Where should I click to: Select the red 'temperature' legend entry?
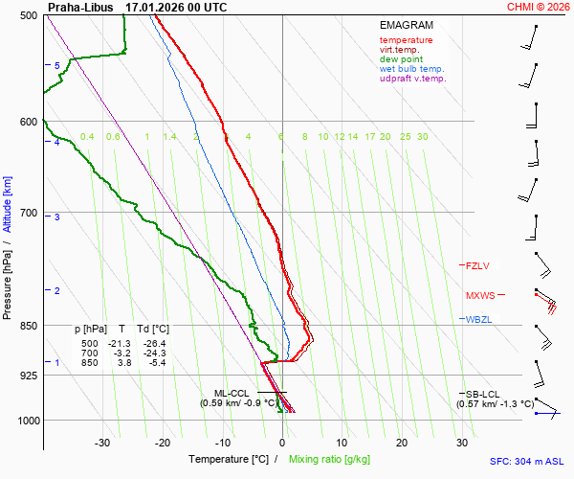(406, 40)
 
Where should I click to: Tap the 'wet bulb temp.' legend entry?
(411, 69)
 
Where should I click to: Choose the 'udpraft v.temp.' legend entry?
(412, 79)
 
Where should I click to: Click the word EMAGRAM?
(406, 25)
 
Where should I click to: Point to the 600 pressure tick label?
(28, 122)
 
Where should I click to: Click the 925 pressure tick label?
(28, 375)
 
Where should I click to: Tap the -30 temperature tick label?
(102, 443)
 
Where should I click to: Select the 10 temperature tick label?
(342, 443)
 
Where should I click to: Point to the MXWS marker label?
(480, 295)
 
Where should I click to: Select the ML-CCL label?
(232, 393)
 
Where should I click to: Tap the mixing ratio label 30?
(422, 137)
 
